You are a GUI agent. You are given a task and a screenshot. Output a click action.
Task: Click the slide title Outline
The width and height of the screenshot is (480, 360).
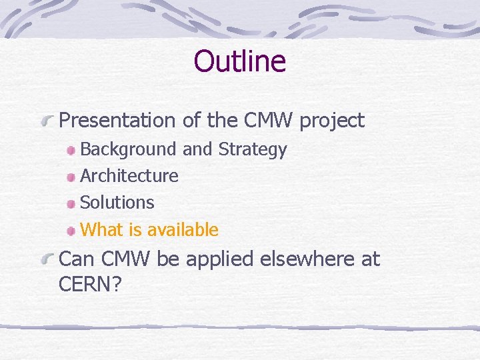(239, 61)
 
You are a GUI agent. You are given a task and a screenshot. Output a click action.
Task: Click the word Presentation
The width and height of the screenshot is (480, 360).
(117, 121)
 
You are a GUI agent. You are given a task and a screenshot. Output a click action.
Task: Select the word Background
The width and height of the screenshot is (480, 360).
(129, 150)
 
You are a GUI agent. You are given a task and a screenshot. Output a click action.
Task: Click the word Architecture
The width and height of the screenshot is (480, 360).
(129, 176)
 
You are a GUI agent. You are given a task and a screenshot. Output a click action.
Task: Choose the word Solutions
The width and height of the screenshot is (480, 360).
(117, 203)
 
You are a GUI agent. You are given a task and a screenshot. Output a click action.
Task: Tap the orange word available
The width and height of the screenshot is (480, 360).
(183, 230)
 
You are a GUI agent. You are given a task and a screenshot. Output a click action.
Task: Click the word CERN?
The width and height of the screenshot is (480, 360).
(90, 285)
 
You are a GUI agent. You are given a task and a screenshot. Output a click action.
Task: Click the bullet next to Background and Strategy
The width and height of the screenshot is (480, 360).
(71, 151)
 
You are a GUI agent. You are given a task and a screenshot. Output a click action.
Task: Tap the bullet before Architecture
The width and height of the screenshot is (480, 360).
(71, 177)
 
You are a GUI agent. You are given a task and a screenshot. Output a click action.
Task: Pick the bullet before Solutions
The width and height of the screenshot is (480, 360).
(71, 203)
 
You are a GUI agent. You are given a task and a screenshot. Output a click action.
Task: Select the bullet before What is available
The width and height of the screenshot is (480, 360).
(71, 231)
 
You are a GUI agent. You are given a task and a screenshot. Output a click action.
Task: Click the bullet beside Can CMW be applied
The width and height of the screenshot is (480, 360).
(47, 259)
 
